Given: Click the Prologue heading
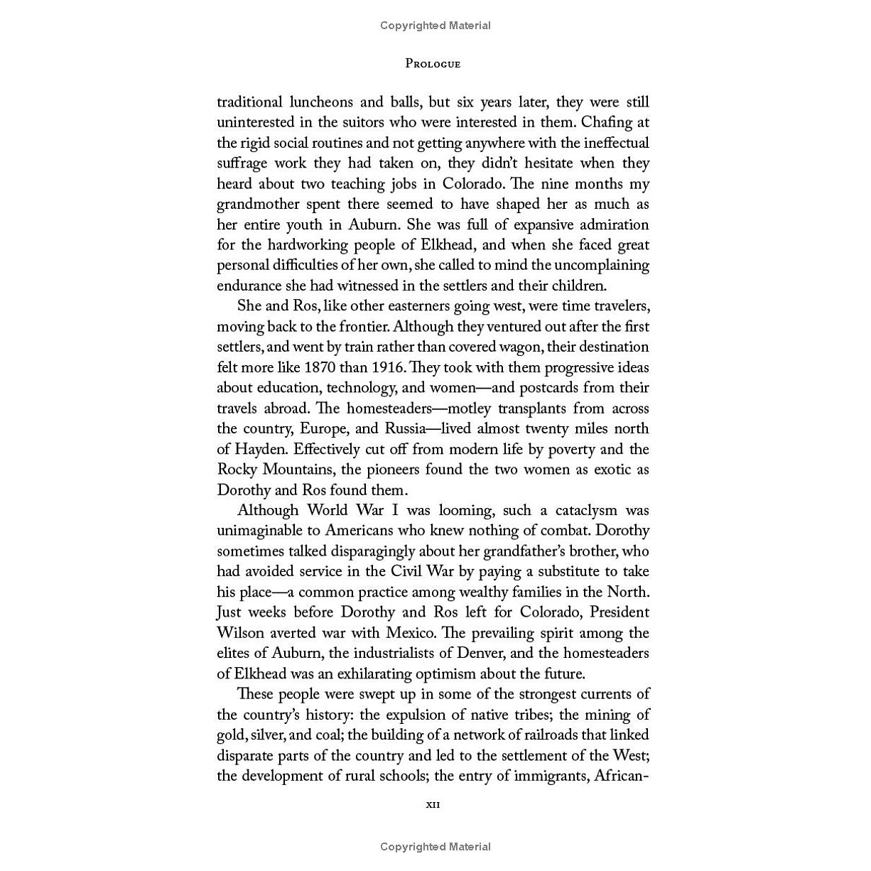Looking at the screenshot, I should [433, 64].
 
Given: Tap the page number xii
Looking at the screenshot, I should [433, 805].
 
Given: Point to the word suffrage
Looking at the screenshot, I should [242, 163].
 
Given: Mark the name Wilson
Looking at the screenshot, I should [240, 633].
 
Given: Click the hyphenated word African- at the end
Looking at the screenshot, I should [620, 776].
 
